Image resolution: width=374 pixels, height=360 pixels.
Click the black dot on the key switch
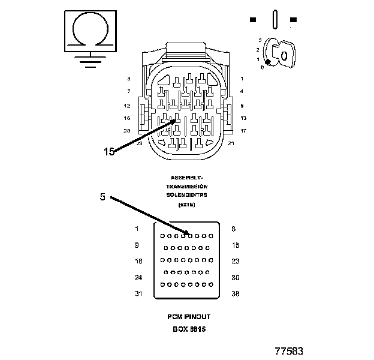click(x=269, y=62)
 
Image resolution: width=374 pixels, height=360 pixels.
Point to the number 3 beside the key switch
click(x=260, y=40)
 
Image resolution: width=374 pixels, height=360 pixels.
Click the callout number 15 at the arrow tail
click(x=108, y=152)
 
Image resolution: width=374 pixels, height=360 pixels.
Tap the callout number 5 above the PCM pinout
click(x=102, y=196)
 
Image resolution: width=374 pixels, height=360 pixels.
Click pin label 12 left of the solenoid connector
click(x=127, y=105)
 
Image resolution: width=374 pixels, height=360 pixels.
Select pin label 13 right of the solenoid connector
click(x=243, y=118)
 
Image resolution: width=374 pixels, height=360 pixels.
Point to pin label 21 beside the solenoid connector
click(x=231, y=143)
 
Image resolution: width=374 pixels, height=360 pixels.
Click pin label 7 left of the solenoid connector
click(x=128, y=91)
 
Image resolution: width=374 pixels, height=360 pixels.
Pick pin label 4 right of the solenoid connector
click(x=242, y=91)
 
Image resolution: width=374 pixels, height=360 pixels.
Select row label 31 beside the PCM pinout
click(x=138, y=293)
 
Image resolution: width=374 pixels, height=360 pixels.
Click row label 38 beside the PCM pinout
click(x=236, y=293)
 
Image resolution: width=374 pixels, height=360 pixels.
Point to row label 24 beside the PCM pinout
click(x=138, y=277)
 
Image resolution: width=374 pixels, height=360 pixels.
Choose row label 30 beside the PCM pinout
click(x=236, y=277)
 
